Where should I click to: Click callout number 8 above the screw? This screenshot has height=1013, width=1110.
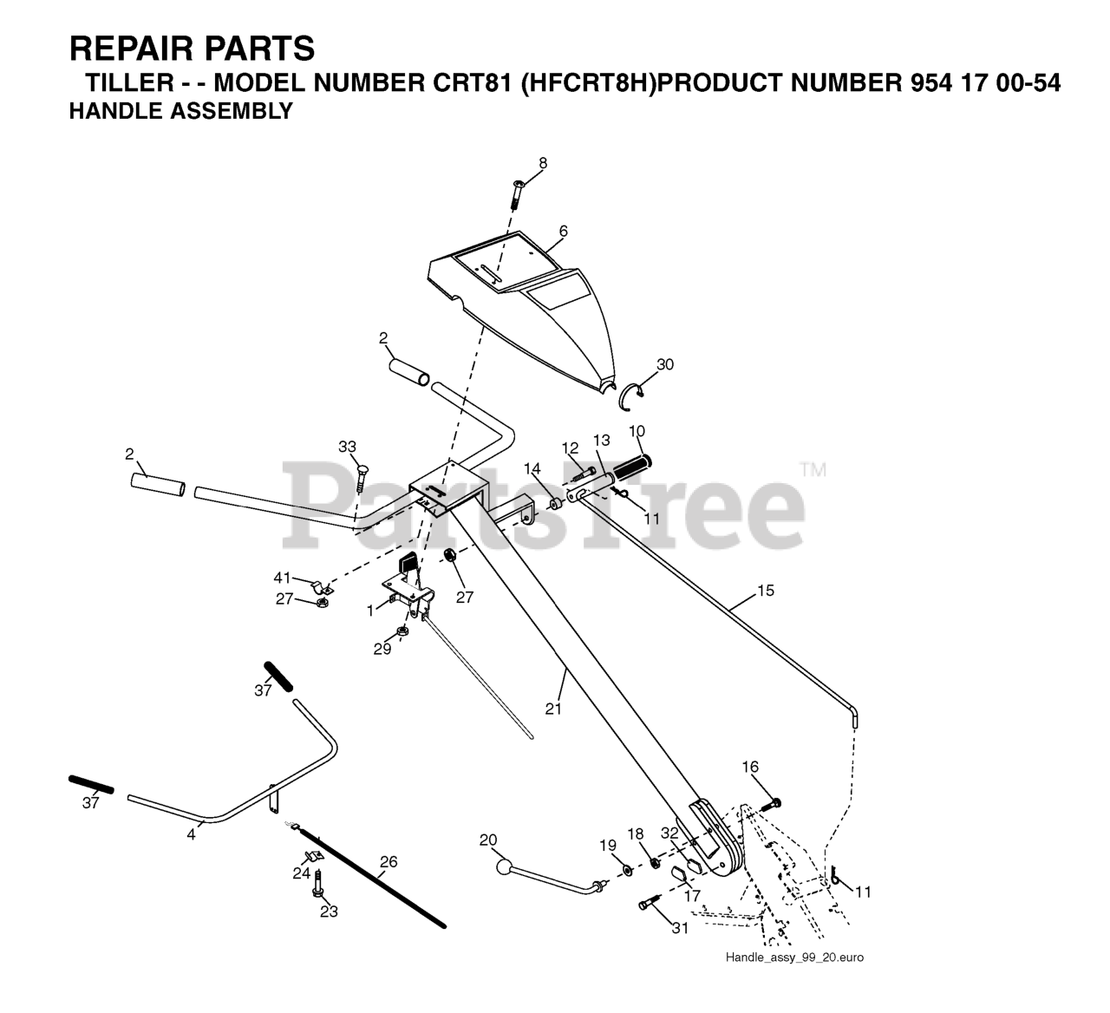coord(543,163)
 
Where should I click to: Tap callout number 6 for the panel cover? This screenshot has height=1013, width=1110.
coord(564,232)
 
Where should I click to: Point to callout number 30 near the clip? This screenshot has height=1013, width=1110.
coord(664,365)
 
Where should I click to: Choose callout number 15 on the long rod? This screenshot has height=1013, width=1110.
coord(765,591)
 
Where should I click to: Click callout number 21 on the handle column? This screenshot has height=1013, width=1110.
coord(553,709)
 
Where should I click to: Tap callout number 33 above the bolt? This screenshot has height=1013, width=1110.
coord(348,447)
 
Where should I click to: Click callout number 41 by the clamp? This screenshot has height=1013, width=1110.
coord(283,578)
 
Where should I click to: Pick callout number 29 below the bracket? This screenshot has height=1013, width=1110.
coord(382,649)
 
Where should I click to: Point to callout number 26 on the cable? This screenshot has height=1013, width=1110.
coord(388,862)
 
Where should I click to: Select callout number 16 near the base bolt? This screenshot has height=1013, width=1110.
coord(750,767)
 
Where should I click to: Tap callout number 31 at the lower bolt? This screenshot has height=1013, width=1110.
coord(679,928)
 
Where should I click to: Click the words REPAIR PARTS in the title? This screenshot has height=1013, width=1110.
coord(192,49)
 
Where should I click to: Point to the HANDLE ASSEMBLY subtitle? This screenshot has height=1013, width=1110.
coord(180,111)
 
